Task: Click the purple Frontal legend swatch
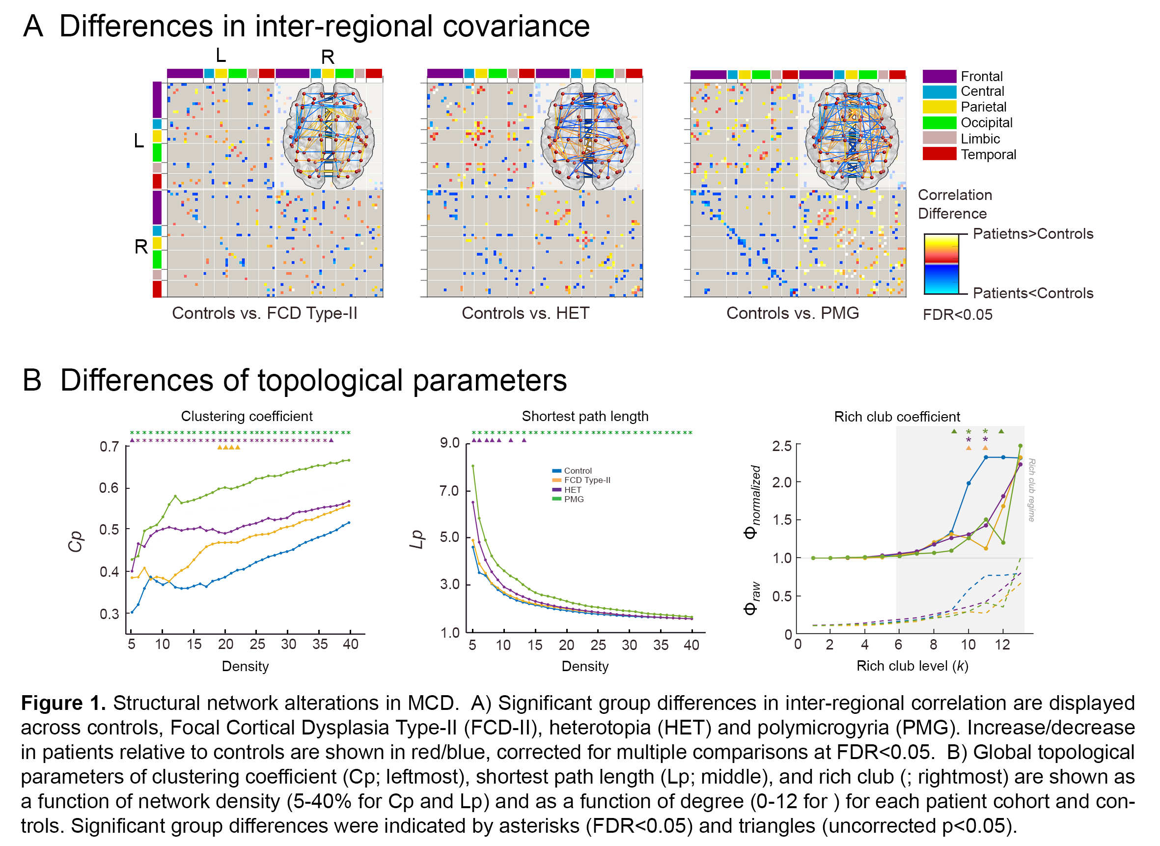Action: (x=939, y=76)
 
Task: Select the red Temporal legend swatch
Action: (x=939, y=154)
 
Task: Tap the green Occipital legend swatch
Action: (x=939, y=123)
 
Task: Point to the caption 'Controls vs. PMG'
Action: (x=793, y=313)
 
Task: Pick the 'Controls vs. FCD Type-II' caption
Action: (x=264, y=313)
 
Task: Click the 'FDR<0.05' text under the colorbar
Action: (x=957, y=314)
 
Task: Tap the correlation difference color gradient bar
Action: (x=941, y=264)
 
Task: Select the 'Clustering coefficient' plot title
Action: (x=247, y=416)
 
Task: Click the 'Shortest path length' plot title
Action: (x=584, y=416)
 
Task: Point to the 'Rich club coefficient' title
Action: (x=897, y=417)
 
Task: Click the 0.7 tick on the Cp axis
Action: (x=109, y=447)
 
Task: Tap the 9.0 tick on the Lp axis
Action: (x=449, y=443)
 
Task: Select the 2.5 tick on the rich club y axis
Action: (x=782, y=446)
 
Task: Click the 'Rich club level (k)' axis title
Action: (x=912, y=666)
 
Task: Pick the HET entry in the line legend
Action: (x=572, y=490)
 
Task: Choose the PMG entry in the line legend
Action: (x=573, y=499)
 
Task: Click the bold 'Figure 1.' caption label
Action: (x=63, y=703)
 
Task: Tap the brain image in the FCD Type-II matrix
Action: (x=329, y=136)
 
